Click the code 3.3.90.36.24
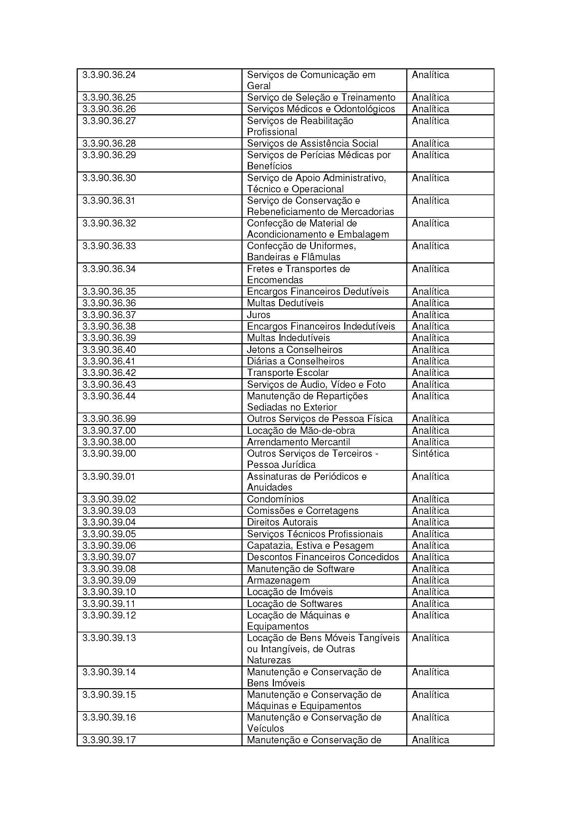[109, 75]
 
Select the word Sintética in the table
[430, 453]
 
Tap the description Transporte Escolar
[287, 372]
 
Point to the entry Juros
[258, 315]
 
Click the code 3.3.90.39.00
[109, 453]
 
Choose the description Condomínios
[275, 499]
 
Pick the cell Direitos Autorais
[282, 522]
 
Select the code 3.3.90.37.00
[109, 430]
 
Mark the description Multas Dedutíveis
[285, 303]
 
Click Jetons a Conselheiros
[294, 349]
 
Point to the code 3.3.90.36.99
[109, 418]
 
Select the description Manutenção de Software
[301, 569]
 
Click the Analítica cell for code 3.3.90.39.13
[430, 638]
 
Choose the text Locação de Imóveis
[290, 592]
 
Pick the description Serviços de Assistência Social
[312, 144]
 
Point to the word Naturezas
[269, 660]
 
